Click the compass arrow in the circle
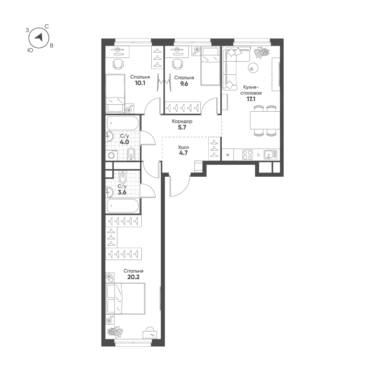tap(39, 37)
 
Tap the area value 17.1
tap(251, 99)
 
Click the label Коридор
tap(182, 121)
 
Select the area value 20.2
tap(133, 277)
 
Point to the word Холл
tap(183, 147)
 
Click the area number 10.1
tap(140, 83)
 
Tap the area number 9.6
tap(184, 84)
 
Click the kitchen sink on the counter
tap(270, 155)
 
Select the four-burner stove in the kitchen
tap(248, 155)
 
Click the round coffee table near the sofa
tap(252, 67)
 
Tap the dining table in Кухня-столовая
tap(265, 120)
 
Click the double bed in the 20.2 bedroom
tap(126, 298)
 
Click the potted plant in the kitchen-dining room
tap(261, 52)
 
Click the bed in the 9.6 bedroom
tap(210, 66)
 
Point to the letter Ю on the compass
tap(30, 50)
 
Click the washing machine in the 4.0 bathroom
tap(112, 156)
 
